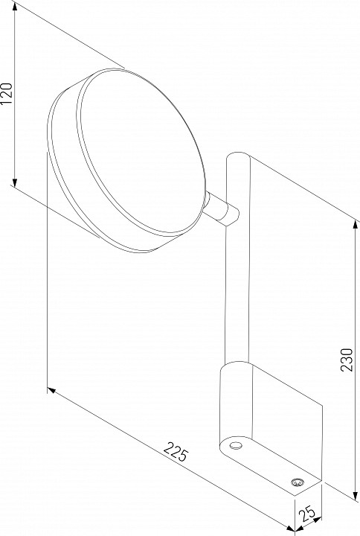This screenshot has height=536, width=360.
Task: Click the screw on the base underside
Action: [x=297, y=482]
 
